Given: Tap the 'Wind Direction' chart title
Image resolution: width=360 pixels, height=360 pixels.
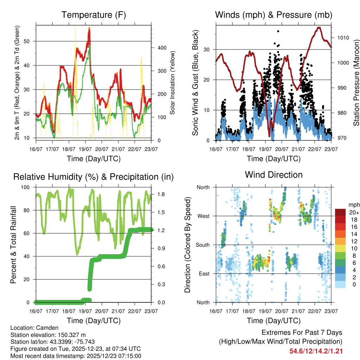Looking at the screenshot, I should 274,174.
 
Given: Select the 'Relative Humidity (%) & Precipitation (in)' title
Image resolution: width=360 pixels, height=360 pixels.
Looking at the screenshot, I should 94,177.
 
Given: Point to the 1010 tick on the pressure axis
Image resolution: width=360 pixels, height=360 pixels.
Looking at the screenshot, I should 343,38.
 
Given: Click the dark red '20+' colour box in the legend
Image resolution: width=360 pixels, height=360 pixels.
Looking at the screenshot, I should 340,212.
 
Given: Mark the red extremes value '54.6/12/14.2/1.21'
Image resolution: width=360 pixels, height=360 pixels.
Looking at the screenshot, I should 316,351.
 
